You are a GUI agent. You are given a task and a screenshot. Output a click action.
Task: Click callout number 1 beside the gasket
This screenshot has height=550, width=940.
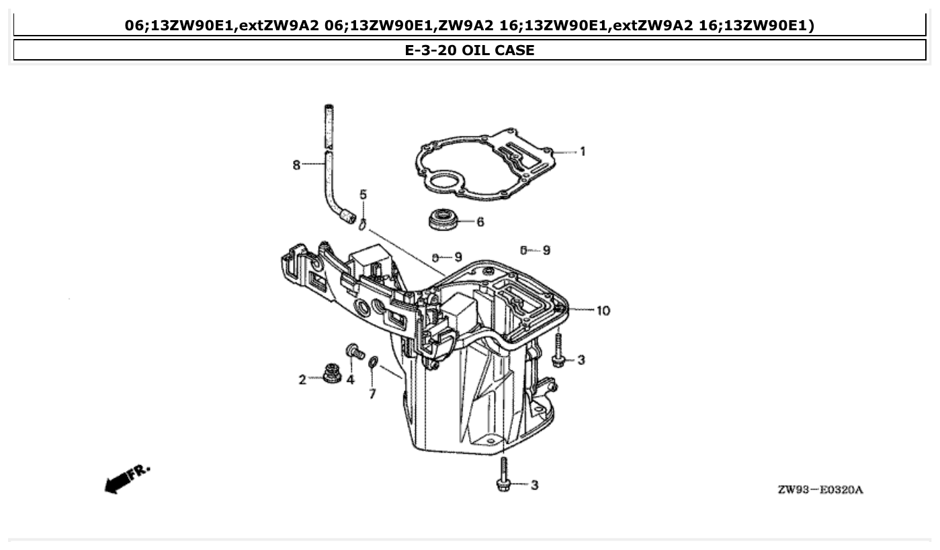[583, 152]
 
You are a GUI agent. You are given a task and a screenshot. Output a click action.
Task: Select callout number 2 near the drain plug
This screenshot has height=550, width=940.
[302, 380]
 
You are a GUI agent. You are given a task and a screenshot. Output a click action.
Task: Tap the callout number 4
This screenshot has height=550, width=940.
[350, 381]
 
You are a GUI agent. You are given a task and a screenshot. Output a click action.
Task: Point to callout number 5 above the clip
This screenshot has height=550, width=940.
[363, 195]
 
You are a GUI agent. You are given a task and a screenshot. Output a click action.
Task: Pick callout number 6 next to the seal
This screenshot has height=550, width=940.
[480, 222]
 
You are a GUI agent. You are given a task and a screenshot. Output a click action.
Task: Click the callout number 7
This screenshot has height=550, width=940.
[372, 394]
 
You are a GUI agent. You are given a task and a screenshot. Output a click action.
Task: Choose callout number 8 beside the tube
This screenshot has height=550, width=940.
[296, 165]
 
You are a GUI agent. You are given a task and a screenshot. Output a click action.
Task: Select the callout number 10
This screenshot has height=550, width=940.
[603, 311]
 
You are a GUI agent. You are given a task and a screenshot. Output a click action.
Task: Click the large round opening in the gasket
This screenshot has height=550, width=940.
[443, 182]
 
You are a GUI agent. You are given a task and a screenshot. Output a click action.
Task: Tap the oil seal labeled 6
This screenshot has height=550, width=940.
[441, 219]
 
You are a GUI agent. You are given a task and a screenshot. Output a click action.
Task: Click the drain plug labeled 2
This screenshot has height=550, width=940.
[331, 372]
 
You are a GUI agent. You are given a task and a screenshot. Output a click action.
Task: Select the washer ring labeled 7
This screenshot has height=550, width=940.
[373, 364]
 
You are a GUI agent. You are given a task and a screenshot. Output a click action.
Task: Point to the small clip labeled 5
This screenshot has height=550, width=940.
[362, 224]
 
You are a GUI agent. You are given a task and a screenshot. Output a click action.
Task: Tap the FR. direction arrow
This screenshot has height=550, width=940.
[127, 478]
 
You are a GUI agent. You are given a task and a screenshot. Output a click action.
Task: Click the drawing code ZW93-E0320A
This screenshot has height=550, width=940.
[820, 490]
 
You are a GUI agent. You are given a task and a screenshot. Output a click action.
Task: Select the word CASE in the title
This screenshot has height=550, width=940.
[513, 50]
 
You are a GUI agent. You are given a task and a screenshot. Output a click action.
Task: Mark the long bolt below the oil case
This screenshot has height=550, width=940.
[503, 473]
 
